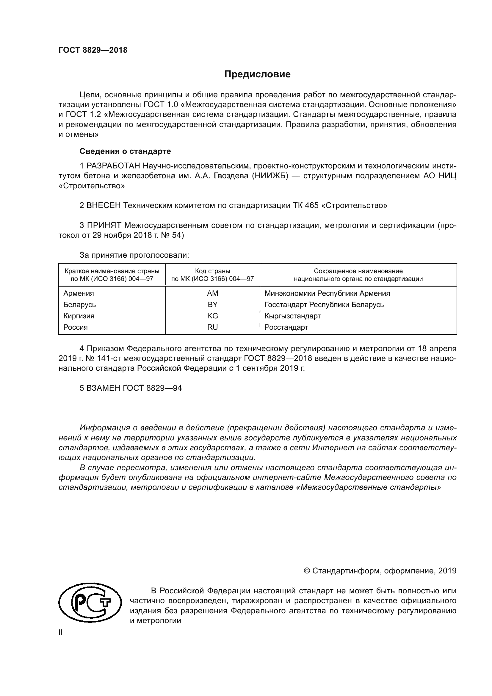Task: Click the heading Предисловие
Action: click(257, 74)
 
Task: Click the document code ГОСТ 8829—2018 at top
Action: click(93, 50)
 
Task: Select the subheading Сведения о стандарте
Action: click(125, 151)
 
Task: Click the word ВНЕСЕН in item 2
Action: click(104, 205)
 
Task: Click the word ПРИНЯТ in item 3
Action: click(104, 225)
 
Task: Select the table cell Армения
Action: click(79, 293)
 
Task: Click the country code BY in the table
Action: click(212, 304)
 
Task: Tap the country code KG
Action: click(212, 316)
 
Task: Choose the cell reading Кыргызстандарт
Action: click(292, 316)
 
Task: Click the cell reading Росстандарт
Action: click(286, 327)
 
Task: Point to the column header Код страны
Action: click(212, 271)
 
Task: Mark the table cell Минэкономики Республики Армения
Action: click(327, 293)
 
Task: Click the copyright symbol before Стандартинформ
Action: click(307, 571)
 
